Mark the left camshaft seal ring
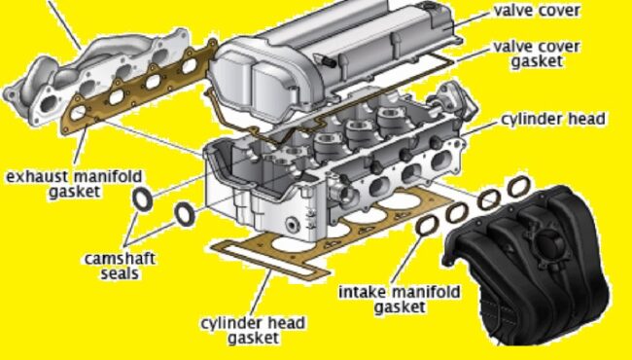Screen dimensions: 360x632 pyautogui.click(x=141, y=200)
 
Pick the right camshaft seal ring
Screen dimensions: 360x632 pyautogui.click(x=184, y=212)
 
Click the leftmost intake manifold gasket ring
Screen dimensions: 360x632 pyautogui.click(x=426, y=226)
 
